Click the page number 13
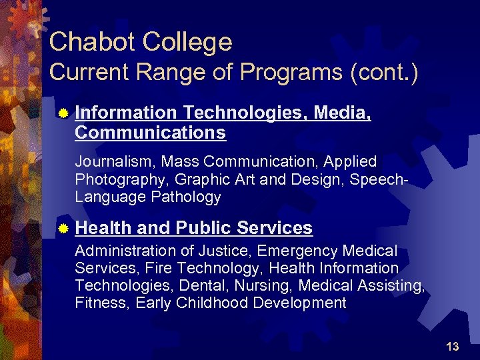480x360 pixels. coord(452,347)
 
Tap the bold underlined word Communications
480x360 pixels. coord(150,133)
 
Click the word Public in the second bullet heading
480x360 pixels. coord(204,228)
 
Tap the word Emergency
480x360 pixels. coord(297,251)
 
